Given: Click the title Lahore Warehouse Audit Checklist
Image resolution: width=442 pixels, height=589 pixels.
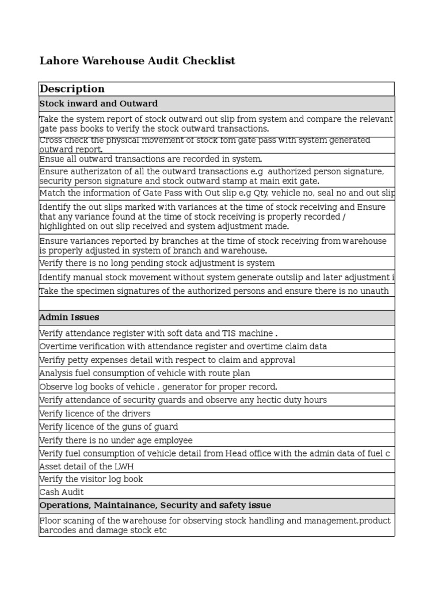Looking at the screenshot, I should coord(137,61).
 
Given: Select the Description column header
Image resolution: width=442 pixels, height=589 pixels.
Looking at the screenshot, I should coord(72,89).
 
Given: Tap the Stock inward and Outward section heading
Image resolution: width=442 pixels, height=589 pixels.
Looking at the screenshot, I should coord(98,104).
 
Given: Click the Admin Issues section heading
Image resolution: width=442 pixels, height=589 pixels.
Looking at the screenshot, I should coord(69,317).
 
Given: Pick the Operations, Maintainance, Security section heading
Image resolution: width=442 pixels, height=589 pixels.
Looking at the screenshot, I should coord(155,505).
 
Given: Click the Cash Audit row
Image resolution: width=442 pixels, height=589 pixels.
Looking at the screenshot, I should coord(62,492).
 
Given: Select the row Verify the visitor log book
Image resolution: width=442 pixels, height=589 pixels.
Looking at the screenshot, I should coord(91,479).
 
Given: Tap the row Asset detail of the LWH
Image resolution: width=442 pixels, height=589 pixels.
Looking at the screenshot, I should coord(86,466).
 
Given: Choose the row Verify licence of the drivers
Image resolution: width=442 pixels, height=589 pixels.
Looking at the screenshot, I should coord(95,414).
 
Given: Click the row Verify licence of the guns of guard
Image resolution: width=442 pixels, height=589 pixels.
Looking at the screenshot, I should coord(109,427).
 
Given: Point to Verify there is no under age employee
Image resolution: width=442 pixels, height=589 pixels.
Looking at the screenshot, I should coord(116,440).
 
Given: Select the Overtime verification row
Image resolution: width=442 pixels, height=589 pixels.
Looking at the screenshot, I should coord(183,346).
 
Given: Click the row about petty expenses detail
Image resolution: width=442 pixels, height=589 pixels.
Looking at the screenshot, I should coord(167,360).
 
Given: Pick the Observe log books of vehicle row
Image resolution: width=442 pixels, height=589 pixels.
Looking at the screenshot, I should coord(158,387).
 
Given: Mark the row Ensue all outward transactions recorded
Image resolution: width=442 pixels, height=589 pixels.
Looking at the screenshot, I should coord(151,159).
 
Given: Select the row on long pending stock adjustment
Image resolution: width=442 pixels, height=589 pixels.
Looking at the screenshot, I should coord(157,263).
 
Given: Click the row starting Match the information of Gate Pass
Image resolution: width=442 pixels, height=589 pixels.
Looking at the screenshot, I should coord(216,193).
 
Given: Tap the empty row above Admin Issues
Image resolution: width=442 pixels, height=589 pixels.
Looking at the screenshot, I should coord(216,304).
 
